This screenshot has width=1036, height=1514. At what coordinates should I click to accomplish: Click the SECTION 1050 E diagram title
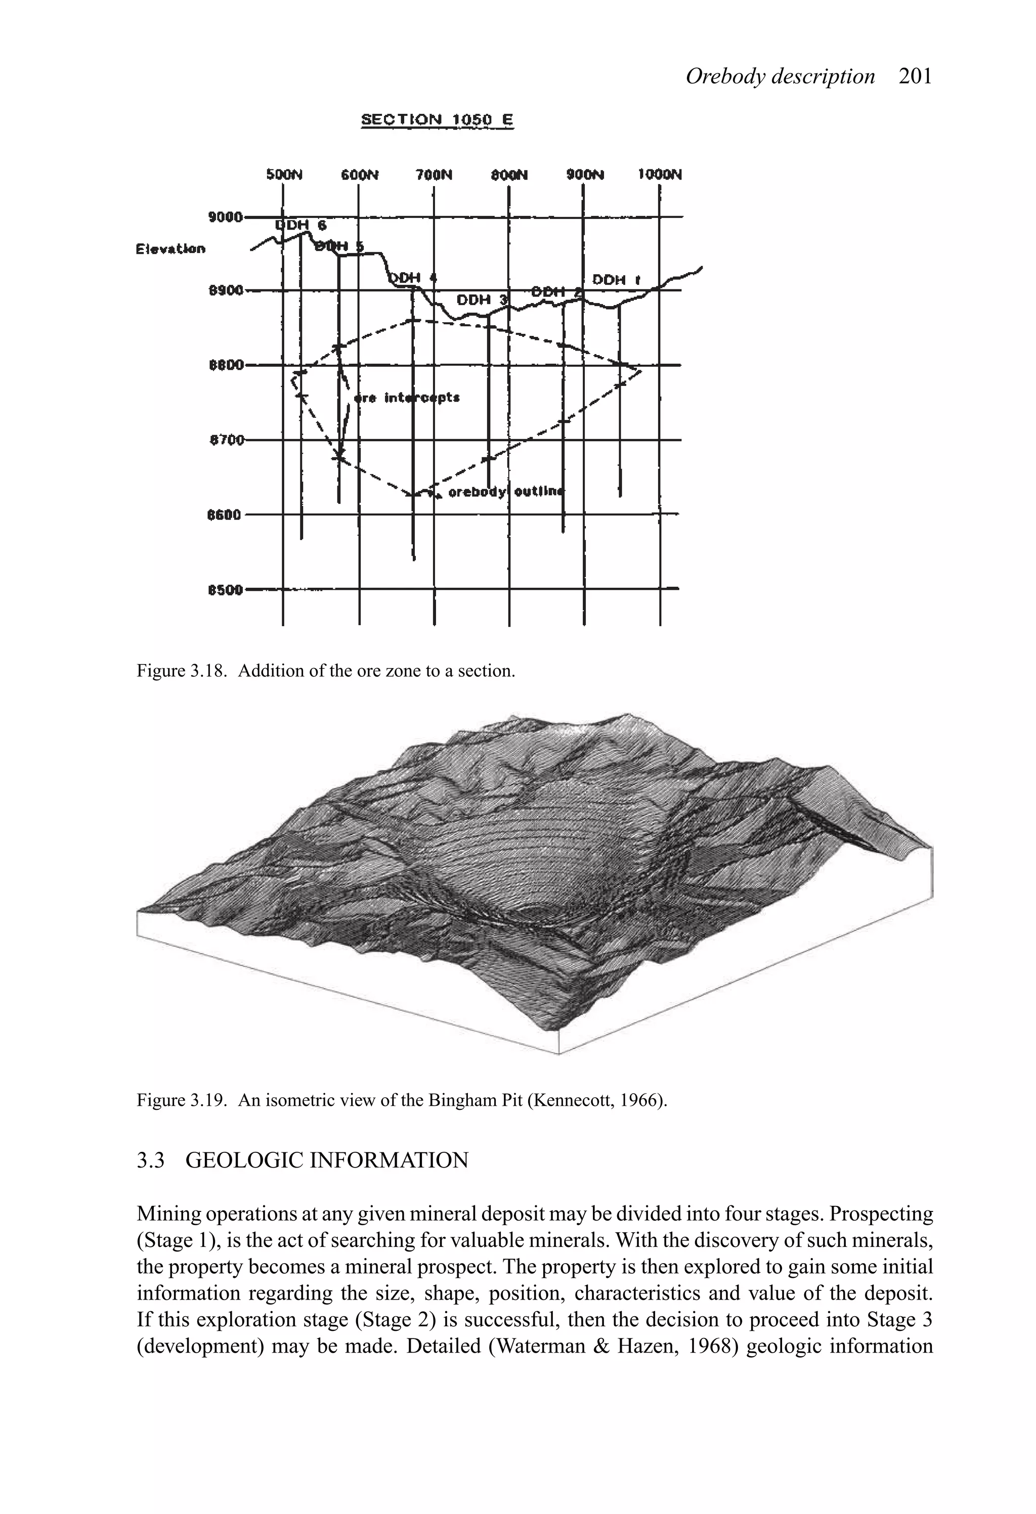pyautogui.click(x=437, y=120)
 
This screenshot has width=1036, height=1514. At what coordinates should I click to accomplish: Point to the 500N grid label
pyautogui.click(x=285, y=175)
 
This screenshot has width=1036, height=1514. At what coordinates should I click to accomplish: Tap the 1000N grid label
pyautogui.click(x=660, y=175)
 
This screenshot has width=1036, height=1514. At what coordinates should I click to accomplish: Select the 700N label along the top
pyautogui.click(x=434, y=175)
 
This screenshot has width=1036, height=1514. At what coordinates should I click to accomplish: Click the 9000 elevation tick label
pyautogui.click(x=225, y=217)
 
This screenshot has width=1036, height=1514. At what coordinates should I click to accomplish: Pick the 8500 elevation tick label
pyautogui.click(x=225, y=590)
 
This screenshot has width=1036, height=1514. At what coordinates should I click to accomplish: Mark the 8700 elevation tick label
pyautogui.click(x=226, y=441)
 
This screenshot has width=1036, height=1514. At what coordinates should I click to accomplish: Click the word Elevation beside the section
pyautogui.click(x=170, y=249)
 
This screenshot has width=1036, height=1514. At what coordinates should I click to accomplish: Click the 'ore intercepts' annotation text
pyautogui.click(x=407, y=398)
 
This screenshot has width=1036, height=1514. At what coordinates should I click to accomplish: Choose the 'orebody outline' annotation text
pyautogui.click(x=506, y=492)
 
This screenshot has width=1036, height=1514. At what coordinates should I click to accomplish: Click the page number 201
pyautogui.click(x=915, y=77)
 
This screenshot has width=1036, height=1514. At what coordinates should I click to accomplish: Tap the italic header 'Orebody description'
pyautogui.click(x=780, y=77)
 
